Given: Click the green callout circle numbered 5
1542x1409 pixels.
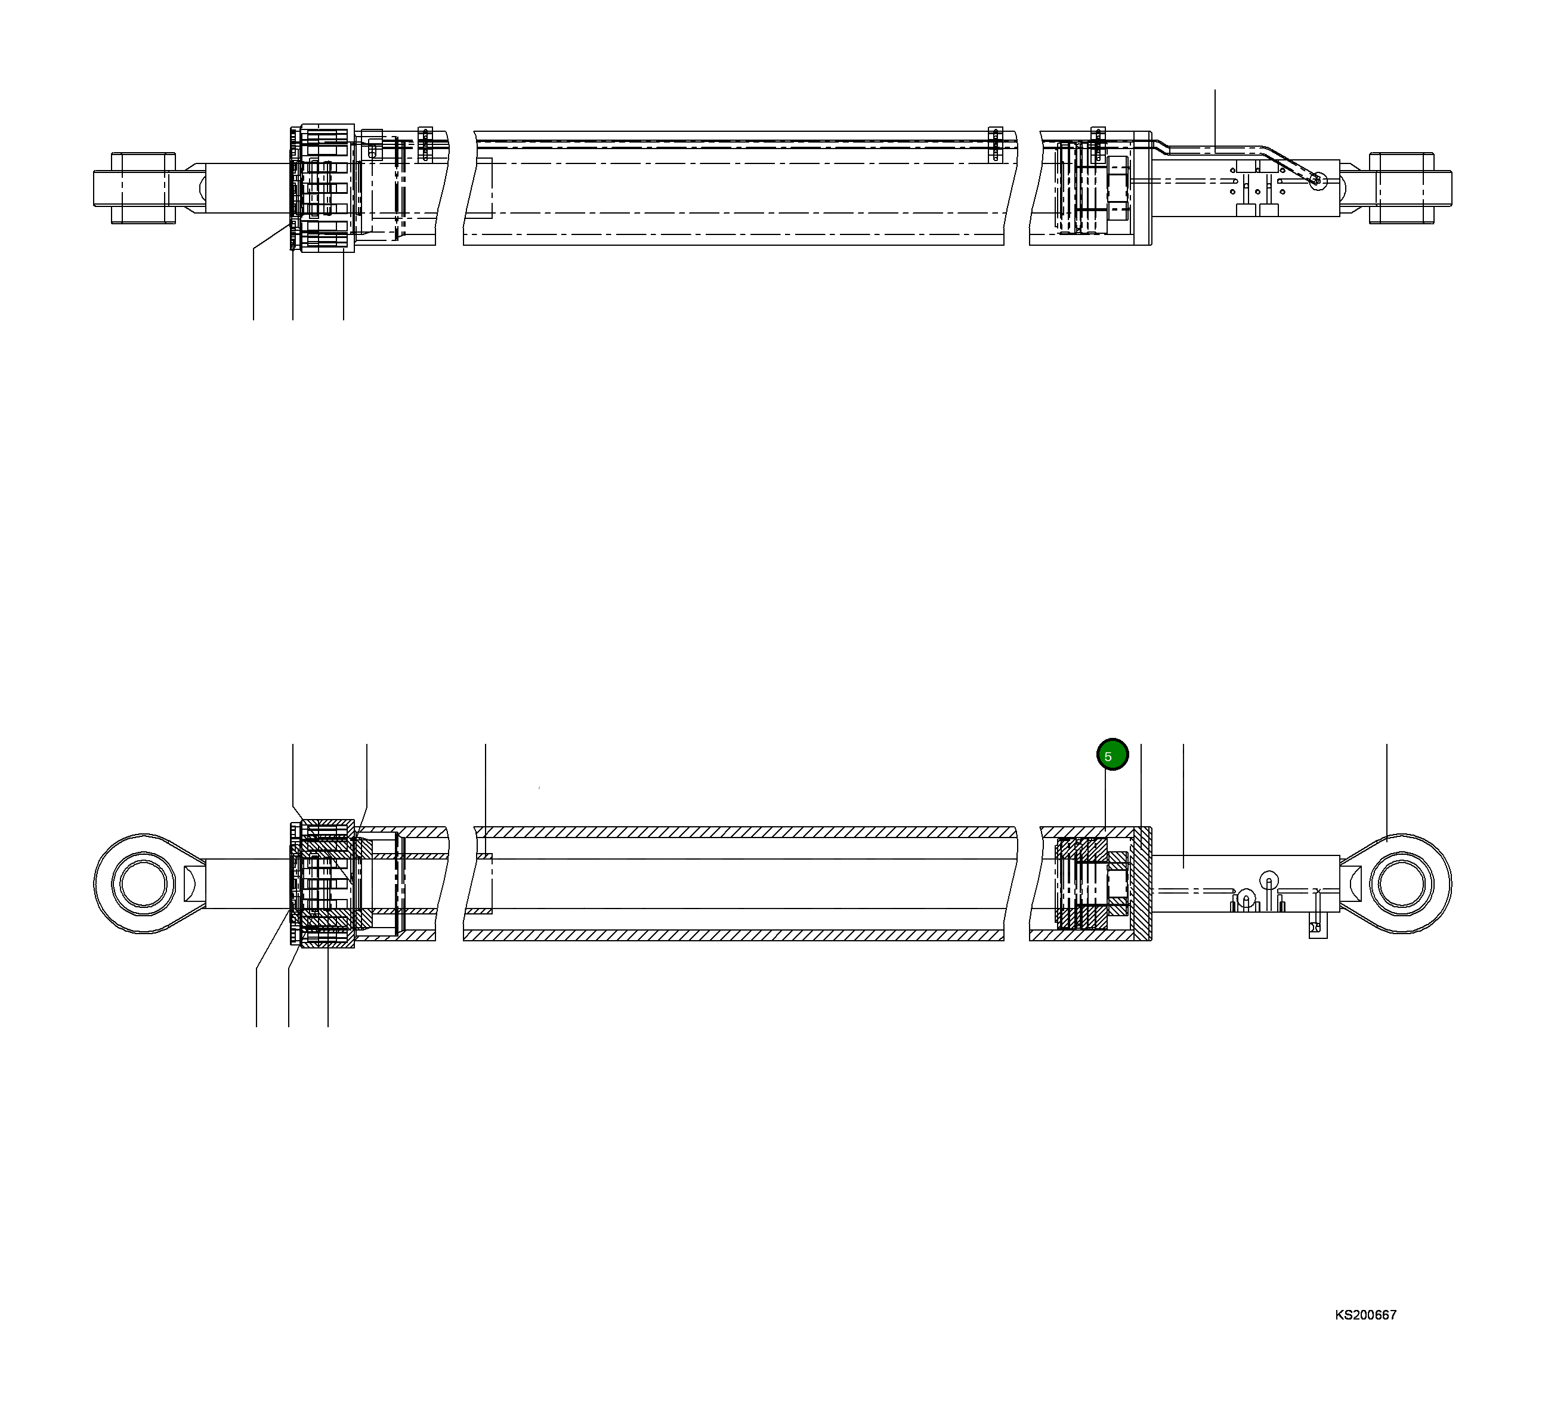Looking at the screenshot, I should tap(1112, 755).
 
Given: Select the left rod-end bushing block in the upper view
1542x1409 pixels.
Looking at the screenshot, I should tap(144, 188).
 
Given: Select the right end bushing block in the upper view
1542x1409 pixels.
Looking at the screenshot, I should tap(1401, 188).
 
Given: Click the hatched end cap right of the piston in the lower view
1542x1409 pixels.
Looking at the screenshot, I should tap(1141, 883).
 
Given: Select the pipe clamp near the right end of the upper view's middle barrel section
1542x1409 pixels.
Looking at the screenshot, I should tap(994, 144).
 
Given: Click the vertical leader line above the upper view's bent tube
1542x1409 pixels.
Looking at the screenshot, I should tap(1215, 115).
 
